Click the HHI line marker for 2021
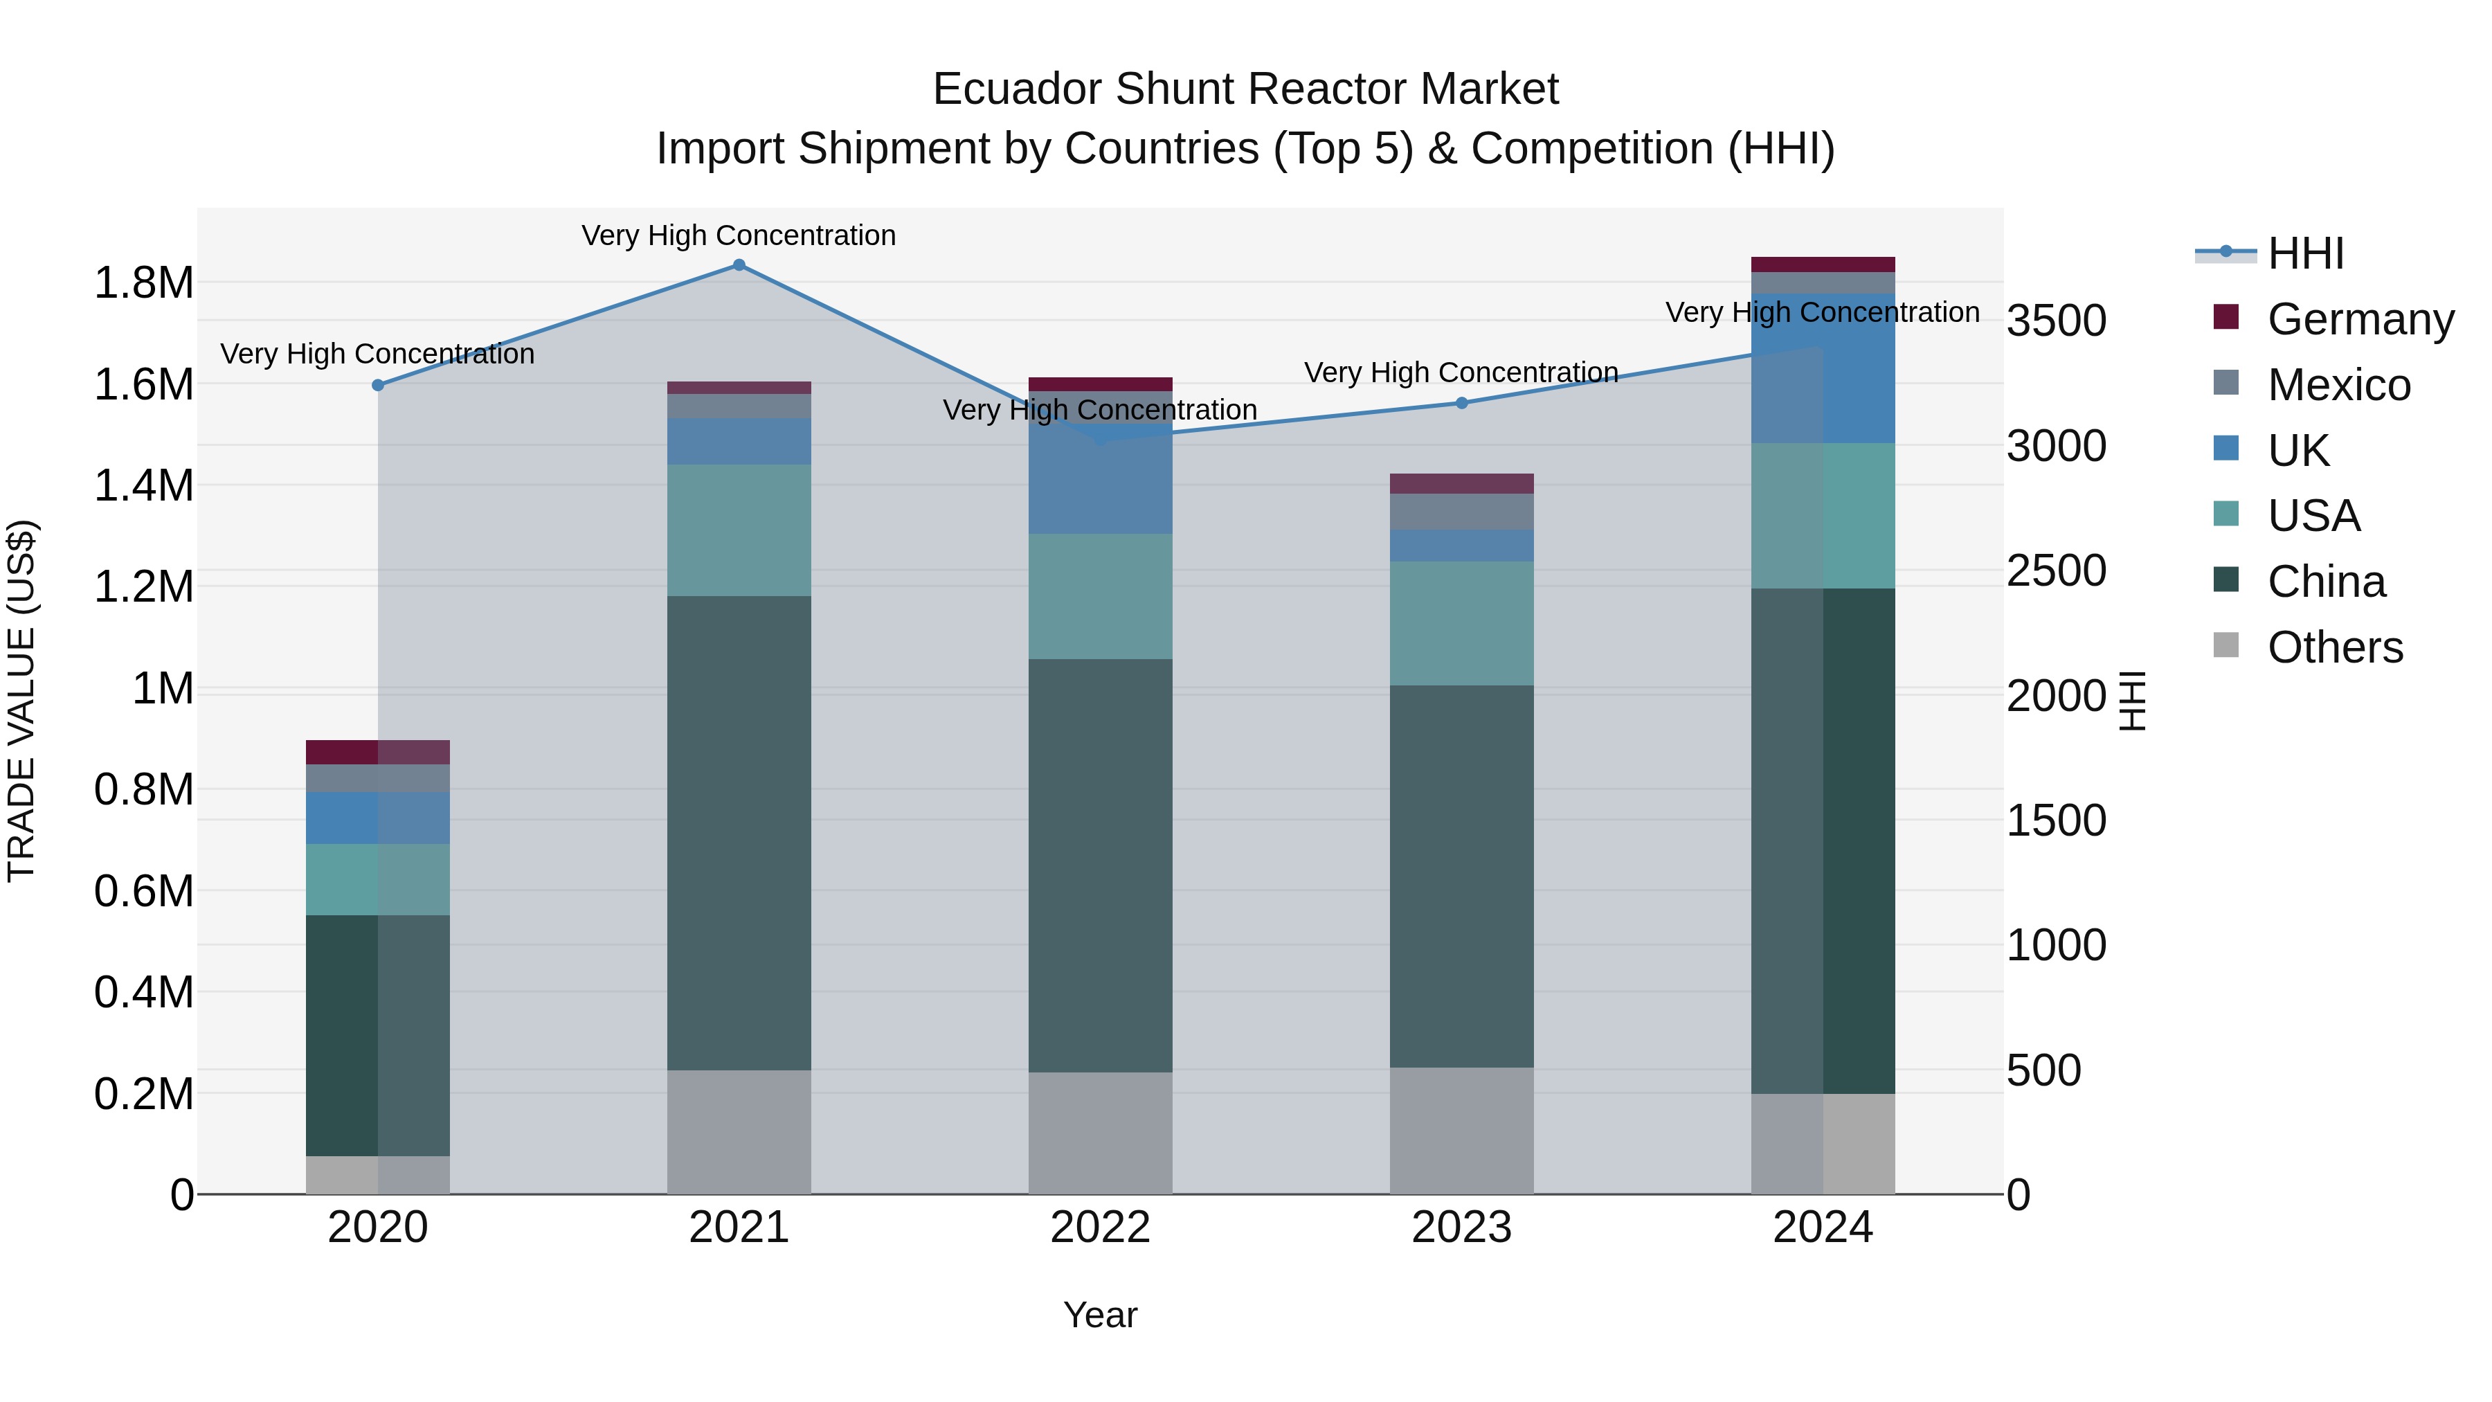coord(739,265)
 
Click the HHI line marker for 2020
coord(378,385)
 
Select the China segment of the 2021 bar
coord(739,832)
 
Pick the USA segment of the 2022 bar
coord(1100,596)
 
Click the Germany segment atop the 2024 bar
coord(1823,264)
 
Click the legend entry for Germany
coord(2360,319)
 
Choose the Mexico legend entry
coord(2338,385)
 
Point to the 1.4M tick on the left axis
coord(143,486)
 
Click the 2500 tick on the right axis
coord(2056,571)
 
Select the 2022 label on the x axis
coord(1100,1228)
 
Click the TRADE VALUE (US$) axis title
coord(21,701)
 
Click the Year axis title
coord(1100,1315)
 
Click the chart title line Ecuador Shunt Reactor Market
coord(1245,89)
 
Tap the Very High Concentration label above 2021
coord(739,235)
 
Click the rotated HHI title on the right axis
coord(2132,701)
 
